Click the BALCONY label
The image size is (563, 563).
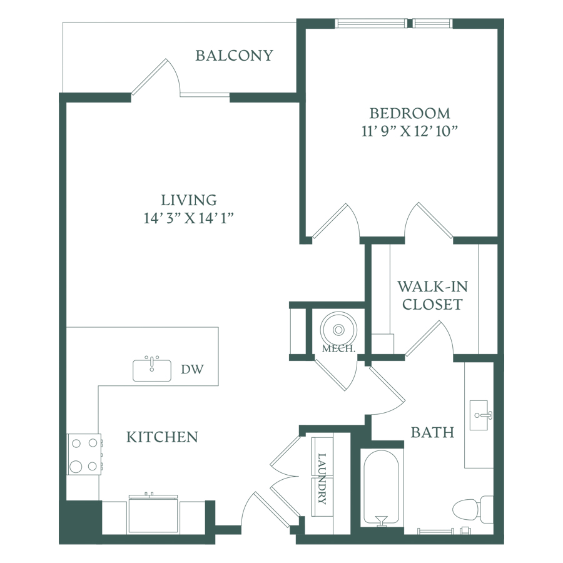pyautogui.click(x=234, y=56)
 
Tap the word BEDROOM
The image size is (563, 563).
pyautogui.click(x=410, y=113)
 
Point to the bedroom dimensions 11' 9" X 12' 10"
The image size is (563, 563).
pyautogui.click(x=410, y=131)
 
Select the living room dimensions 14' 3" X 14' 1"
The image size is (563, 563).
pyautogui.click(x=189, y=218)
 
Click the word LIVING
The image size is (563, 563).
pyautogui.click(x=189, y=200)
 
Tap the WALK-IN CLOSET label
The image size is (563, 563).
pyautogui.click(x=432, y=295)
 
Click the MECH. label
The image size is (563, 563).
pyautogui.click(x=338, y=348)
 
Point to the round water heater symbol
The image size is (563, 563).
pyautogui.click(x=338, y=329)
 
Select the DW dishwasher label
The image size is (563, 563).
pyautogui.click(x=192, y=369)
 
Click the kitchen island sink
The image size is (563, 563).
pyautogui.click(x=152, y=370)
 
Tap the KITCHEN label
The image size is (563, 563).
pyautogui.click(x=162, y=437)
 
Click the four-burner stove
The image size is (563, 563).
pyautogui.click(x=84, y=454)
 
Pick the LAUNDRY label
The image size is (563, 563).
pyautogui.click(x=322, y=479)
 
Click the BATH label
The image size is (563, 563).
pyautogui.click(x=432, y=432)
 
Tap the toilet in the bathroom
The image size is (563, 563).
pyautogui.click(x=473, y=509)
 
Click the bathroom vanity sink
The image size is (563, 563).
pyautogui.click(x=479, y=415)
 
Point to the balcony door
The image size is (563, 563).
pyautogui.click(x=156, y=77)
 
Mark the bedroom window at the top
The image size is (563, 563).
pyautogui.click(x=393, y=23)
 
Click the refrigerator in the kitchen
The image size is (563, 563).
pyautogui.click(x=153, y=515)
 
